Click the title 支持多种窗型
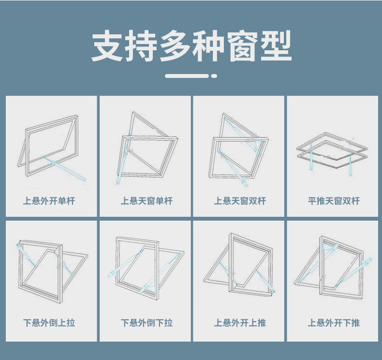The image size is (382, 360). coord(191,46)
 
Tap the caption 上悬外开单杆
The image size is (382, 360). coord(49,201)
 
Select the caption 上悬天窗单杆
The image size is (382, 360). coord(147,201)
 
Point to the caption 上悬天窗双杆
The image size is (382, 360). coord(240,201)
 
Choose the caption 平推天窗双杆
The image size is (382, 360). coord(334,201)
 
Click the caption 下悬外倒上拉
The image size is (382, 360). coord(49,323)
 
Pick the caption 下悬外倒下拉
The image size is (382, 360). coord(147,323)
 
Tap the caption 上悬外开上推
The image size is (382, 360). coord(240,323)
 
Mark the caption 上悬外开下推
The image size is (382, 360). coord(334,323)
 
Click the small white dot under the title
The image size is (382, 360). coord(214,76)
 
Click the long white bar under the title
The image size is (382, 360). coord(187,76)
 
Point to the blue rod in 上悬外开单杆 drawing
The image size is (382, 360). coord(65,169)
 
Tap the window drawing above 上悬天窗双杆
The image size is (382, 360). coord(239,150)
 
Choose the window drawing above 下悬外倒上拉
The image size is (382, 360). coord(52,270)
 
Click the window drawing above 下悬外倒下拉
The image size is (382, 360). coord(146,268)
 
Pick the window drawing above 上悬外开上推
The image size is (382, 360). coord(239,265)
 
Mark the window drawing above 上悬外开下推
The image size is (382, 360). coord(333,268)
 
